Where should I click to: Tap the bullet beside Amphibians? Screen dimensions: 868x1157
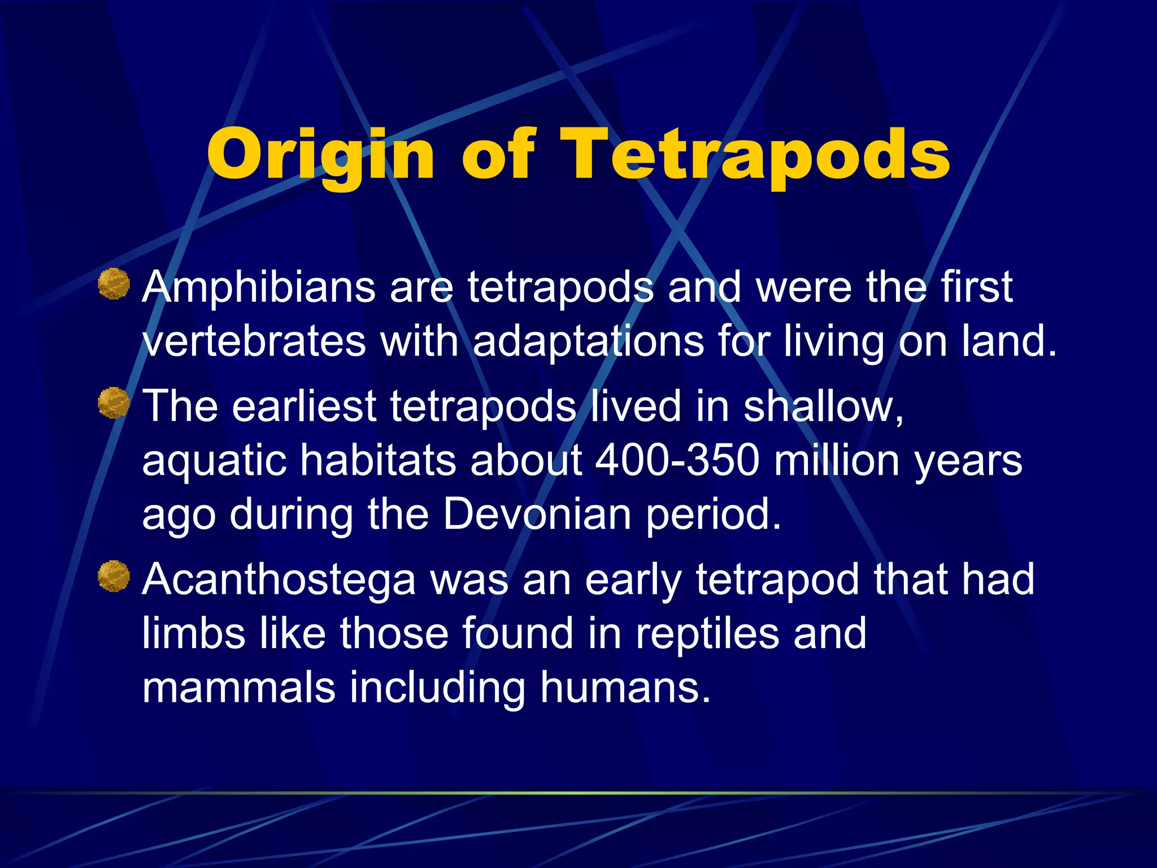(114, 284)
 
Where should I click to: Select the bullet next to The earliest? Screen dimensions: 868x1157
(114, 403)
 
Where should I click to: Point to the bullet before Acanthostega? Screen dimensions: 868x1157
(114, 576)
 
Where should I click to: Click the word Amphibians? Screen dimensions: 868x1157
(259, 287)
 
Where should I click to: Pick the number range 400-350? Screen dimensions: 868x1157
(677, 460)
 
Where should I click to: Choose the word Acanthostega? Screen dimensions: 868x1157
(279, 580)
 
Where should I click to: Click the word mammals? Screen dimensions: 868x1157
(238, 687)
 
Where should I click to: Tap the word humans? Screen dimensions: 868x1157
(624, 687)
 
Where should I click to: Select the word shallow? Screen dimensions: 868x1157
(823, 406)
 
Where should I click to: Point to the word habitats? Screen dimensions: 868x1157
(377, 460)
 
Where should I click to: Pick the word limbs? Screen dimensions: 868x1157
(193, 633)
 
